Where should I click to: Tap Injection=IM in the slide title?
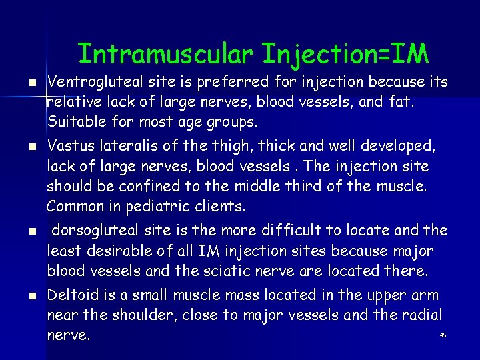[x=345, y=53]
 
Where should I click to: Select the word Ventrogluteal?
[x=95, y=82]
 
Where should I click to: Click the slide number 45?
[x=443, y=335]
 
